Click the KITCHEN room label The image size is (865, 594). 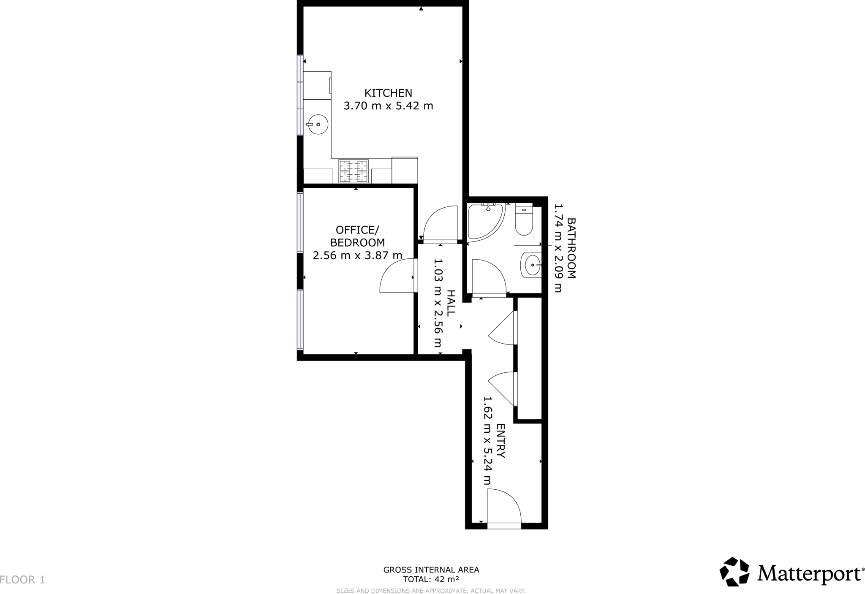(x=388, y=93)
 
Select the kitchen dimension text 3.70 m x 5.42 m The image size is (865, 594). (x=388, y=106)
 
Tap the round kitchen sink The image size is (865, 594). (x=317, y=125)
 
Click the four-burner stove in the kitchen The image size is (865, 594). (x=354, y=171)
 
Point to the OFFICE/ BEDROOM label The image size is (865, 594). (x=357, y=236)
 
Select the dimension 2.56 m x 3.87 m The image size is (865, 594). (x=357, y=255)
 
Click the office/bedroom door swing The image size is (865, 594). (x=396, y=276)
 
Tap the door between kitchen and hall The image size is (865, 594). (x=441, y=225)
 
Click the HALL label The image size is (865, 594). (x=451, y=303)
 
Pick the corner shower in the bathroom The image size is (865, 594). (x=484, y=222)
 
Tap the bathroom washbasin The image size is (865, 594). (x=532, y=265)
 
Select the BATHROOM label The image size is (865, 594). (x=571, y=248)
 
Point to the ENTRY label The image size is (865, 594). (x=501, y=441)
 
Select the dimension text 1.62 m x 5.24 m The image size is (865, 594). (x=488, y=441)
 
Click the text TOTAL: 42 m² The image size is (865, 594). (x=431, y=579)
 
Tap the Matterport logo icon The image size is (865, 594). (x=734, y=572)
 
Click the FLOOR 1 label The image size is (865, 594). (x=22, y=580)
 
